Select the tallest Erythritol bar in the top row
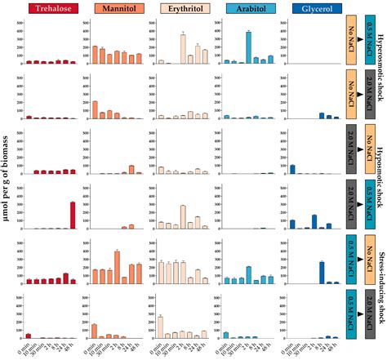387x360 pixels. (183, 48)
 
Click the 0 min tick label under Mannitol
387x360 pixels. (91, 348)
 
